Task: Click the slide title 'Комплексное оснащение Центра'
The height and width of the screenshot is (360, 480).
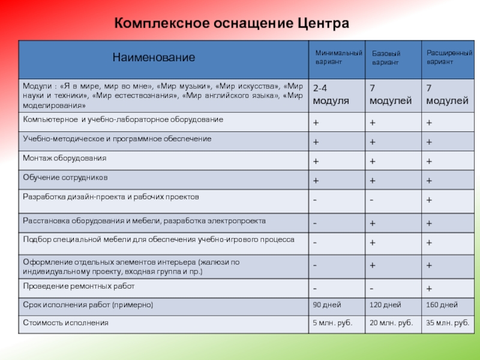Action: pyautogui.click(x=232, y=24)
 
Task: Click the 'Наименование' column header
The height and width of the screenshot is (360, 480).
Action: pyautogui.click(x=154, y=58)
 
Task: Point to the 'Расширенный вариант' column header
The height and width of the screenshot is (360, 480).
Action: pyautogui.click(x=449, y=58)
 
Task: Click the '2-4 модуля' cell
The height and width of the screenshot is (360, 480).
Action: pyautogui.click(x=331, y=95)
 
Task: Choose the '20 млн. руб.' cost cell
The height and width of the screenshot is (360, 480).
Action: pyautogui.click(x=391, y=323)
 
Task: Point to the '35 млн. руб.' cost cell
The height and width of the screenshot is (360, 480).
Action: pyautogui.click(x=447, y=323)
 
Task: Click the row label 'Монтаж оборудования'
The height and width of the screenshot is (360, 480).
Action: pyautogui.click(x=65, y=158)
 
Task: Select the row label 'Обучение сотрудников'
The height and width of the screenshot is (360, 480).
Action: pyautogui.click(x=65, y=178)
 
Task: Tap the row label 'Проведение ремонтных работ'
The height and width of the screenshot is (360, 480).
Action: pyautogui.click(x=79, y=286)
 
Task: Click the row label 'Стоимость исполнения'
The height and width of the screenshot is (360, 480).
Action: pyautogui.click(x=65, y=323)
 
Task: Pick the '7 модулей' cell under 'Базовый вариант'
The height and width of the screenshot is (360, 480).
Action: pyautogui.click(x=390, y=95)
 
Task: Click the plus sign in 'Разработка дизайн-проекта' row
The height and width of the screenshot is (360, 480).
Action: pyautogui.click(x=429, y=200)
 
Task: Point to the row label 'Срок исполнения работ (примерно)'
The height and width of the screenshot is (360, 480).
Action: pyautogui.click(x=88, y=305)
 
